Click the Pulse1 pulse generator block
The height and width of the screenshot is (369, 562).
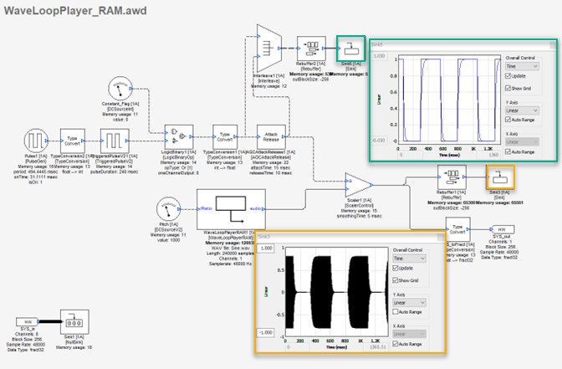tap(34, 140)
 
